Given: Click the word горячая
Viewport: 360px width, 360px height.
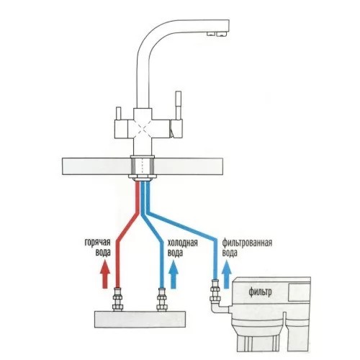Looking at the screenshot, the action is point(97,243).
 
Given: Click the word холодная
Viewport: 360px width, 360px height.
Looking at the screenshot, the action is point(183,243).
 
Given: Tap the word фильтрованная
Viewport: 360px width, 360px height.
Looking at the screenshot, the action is point(247,243).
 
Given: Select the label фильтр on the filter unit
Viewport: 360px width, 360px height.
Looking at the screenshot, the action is point(260,292).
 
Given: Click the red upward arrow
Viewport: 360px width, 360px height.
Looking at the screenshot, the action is point(105,274).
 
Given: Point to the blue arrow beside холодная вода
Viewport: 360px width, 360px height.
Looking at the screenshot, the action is point(174,275).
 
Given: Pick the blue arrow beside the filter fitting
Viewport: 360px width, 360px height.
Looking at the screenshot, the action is point(226,275).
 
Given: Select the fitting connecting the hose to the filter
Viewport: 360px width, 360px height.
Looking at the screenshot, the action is point(215,291).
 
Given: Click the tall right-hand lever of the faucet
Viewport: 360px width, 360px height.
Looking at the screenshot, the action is point(178,106).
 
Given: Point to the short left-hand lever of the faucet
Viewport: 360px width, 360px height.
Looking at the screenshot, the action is point(118,113).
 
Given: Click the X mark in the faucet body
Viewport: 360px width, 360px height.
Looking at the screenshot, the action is point(143,129).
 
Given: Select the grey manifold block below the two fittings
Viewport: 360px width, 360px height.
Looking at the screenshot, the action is point(140,319).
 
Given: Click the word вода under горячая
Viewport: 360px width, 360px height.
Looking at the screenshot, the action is point(103,253).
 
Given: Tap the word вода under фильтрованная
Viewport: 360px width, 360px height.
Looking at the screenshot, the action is point(230,253).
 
